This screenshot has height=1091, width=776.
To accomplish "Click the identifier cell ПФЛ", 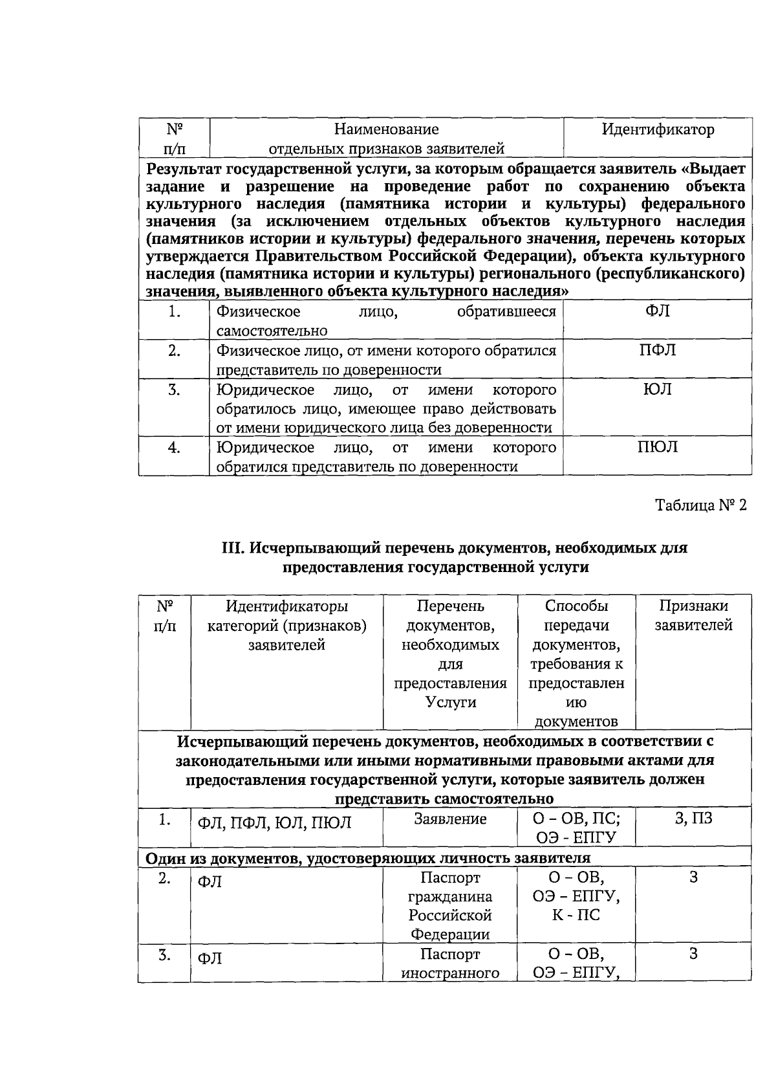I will (658, 350).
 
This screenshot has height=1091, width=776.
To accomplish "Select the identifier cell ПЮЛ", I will (658, 447).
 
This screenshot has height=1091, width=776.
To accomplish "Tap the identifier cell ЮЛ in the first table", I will (658, 389).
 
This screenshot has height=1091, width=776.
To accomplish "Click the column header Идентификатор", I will (658, 129).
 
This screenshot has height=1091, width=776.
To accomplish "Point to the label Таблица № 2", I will (701, 505).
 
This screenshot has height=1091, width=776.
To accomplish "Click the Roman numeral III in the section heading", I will (232, 548).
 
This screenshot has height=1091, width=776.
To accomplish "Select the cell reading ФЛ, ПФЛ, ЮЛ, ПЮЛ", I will (274, 823).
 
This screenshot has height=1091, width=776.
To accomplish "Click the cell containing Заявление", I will (450, 819).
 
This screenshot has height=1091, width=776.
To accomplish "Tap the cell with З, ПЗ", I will (693, 819).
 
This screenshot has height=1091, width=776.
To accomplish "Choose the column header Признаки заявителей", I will (693, 615).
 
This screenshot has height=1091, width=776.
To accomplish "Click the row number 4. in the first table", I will (173, 448).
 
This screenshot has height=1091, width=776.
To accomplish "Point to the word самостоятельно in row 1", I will (272, 331).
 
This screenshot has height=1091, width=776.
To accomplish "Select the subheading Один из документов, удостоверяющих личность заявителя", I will (367, 859).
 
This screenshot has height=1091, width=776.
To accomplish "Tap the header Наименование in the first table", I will (386, 129).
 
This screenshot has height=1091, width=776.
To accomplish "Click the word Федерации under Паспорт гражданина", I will (450, 934).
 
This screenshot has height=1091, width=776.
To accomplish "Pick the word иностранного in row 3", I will (450, 973).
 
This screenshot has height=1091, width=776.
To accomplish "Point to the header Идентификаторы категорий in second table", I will (286, 615).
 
